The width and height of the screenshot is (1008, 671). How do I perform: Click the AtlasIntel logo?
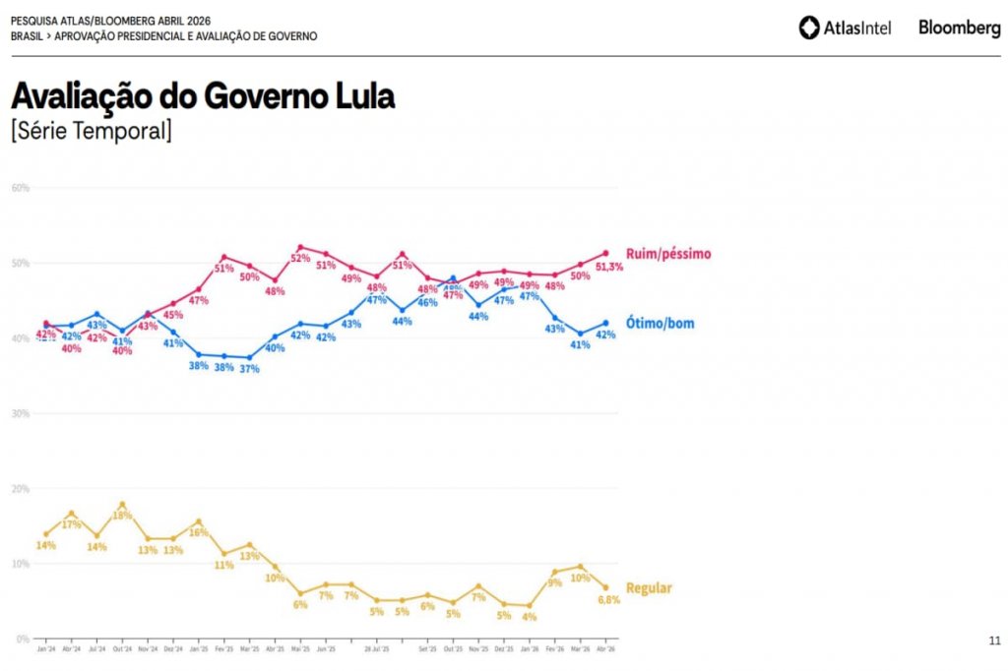coord(845,28)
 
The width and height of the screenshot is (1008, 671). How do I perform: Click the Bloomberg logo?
coord(959,28)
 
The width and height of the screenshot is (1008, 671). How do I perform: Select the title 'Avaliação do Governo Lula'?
coord(202,96)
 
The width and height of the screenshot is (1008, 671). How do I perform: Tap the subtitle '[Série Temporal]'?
coord(91,130)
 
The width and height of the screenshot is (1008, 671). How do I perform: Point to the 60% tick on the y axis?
coord(20,188)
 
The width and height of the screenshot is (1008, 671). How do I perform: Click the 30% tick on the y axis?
coord(20,413)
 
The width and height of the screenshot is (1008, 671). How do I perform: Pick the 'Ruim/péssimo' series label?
coord(667,254)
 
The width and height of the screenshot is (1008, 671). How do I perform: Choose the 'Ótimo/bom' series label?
coord(660,323)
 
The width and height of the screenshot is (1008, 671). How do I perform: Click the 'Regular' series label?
coord(649,588)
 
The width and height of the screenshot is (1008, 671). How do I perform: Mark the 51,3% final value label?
coord(609,267)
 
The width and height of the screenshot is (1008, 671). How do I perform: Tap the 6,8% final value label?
coord(608,600)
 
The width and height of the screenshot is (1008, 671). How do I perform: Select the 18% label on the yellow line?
coord(122,516)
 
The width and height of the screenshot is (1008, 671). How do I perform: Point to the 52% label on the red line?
coord(300,259)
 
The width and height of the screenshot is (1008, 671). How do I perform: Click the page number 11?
coord(994,641)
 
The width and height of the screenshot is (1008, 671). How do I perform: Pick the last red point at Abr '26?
coord(605,253)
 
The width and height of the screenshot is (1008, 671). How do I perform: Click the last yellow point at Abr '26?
coord(605,587)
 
